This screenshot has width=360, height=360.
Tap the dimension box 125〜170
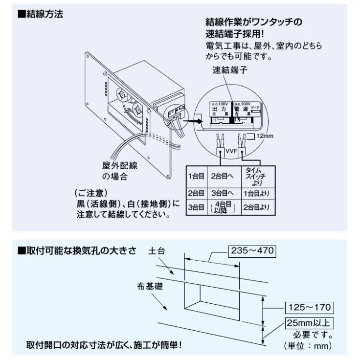(308, 307)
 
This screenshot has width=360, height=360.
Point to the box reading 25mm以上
(308, 323)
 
